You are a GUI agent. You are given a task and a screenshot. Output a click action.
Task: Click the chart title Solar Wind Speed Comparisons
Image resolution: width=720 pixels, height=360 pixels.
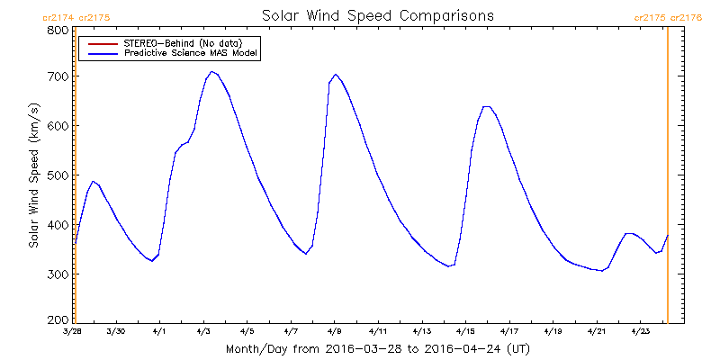click(x=377, y=16)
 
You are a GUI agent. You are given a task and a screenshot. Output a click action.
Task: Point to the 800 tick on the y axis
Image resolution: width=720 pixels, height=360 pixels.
click(x=58, y=30)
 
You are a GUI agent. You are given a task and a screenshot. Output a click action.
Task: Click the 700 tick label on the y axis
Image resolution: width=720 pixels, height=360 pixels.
click(x=58, y=76)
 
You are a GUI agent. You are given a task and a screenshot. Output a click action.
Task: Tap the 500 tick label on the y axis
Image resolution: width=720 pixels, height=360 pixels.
click(x=58, y=175)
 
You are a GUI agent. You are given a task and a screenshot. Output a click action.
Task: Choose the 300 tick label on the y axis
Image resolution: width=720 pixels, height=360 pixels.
click(x=58, y=274)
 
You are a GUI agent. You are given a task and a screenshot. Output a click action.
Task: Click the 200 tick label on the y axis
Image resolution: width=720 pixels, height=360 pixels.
click(x=58, y=319)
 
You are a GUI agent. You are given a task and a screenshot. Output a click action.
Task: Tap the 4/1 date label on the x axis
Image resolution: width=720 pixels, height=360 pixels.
click(x=159, y=332)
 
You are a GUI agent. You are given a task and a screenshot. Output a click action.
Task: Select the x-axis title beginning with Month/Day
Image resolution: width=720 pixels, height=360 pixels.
click(x=377, y=348)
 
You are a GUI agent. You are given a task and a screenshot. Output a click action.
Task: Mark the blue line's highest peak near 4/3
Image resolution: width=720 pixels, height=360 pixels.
click(x=211, y=72)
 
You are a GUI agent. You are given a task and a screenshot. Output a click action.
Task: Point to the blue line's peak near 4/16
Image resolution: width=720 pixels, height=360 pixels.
click(x=487, y=107)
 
